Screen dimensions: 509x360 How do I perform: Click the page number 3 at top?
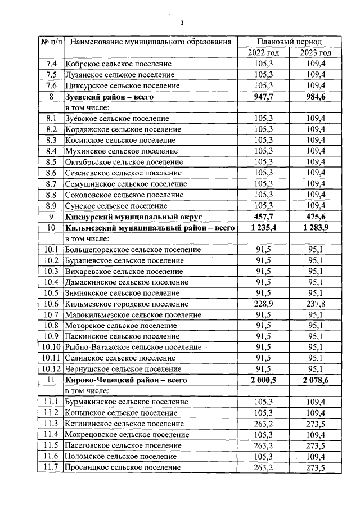coord(181,23)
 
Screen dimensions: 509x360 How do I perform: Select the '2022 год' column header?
coord(263,52)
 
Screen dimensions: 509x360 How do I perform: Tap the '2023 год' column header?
coord(315,52)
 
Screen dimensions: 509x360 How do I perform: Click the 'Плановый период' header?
coord(289,42)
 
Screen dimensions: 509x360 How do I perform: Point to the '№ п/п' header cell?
coord(51,42)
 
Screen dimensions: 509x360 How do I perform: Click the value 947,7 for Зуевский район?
coord(263,97)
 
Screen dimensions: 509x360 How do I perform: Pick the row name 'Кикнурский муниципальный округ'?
coord(133,217)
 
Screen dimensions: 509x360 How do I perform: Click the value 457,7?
coord(263,217)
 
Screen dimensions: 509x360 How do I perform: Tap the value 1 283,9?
coord(315,227)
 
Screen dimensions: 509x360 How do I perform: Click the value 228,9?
coord(263,304)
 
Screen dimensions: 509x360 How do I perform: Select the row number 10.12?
coord(51,369)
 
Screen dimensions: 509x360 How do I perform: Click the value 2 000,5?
coord(262,380)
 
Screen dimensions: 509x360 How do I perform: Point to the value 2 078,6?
coord(315,380)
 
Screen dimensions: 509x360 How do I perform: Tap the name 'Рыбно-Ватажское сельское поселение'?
coord(133,347)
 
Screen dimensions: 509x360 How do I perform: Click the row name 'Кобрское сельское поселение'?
coord(118,64)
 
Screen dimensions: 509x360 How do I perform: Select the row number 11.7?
coord(51,467)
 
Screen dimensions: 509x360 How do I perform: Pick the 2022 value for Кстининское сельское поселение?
coord(263,424)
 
